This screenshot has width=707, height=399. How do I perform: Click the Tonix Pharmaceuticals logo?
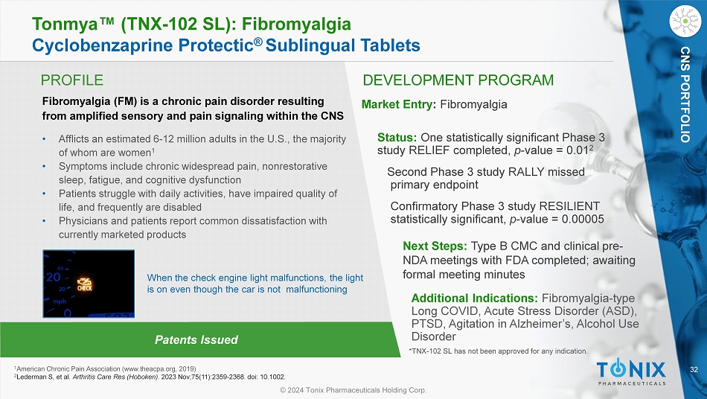point(631,373)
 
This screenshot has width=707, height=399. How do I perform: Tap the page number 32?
point(694,370)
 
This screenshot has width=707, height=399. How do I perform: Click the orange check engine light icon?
point(84,284)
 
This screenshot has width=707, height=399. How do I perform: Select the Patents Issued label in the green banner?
point(196,339)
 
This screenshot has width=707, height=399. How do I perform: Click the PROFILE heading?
point(72,80)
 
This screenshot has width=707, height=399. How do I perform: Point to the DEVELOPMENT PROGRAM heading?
point(458,80)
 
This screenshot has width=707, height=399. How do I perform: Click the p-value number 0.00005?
point(583,219)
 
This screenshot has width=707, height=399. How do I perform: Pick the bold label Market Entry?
point(399,105)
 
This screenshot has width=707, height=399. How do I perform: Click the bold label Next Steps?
point(435,246)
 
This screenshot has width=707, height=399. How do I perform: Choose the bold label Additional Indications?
point(474,298)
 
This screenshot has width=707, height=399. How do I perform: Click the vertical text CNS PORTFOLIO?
point(685,95)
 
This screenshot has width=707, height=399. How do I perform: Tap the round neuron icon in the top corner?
point(685,21)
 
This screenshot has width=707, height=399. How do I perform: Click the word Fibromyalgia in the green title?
point(297,24)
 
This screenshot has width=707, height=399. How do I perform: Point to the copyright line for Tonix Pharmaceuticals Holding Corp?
point(353,390)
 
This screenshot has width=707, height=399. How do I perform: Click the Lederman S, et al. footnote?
point(150,377)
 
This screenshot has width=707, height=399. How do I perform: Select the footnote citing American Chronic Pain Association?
point(105,368)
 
